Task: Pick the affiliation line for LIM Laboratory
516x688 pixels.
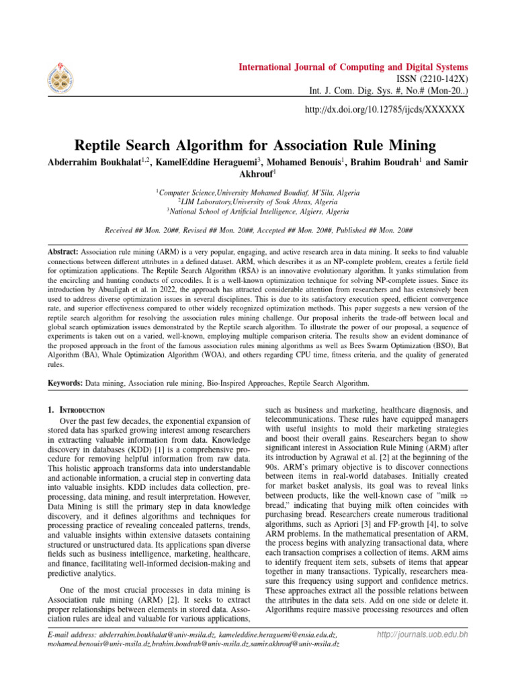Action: pos(257,202)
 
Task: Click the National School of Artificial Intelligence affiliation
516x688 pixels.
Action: pos(259,211)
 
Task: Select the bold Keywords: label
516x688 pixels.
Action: pos(64,382)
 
